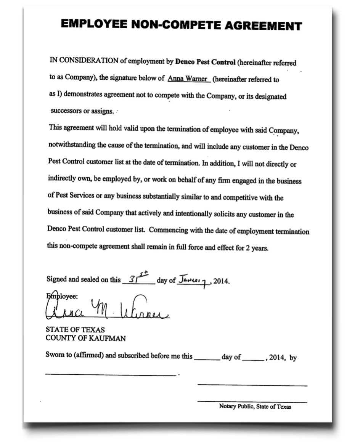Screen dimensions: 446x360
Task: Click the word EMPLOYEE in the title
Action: tap(93, 24)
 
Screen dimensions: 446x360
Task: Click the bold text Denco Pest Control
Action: tap(205, 62)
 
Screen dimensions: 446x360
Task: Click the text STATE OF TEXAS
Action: tap(75, 330)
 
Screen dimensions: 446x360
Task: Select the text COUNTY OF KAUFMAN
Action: tap(85, 338)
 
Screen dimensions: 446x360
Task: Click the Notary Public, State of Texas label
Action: tap(255, 407)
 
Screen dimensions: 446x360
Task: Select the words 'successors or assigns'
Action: tap(82, 112)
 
